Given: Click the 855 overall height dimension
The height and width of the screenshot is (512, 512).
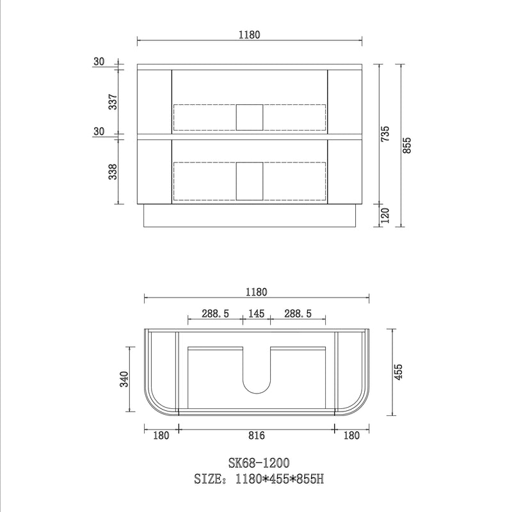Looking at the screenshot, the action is [x=407, y=146].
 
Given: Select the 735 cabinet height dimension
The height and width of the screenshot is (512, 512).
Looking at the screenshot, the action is [x=385, y=134].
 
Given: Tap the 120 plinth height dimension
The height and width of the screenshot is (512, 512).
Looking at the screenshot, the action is [x=385, y=216].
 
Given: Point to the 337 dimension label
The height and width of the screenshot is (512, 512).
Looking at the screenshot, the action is [x=113, y=102].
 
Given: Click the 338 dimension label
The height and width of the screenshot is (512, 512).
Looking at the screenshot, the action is [x=113, y=172].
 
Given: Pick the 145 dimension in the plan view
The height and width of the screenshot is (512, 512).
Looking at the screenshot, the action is [x=257, y=314].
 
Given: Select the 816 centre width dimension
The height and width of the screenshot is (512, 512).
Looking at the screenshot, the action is [x=257, y=435].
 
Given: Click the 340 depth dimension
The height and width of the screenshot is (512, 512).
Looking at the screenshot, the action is [x=124, y=379].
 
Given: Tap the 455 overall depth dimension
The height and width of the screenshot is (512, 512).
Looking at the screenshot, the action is [x=398, y=372].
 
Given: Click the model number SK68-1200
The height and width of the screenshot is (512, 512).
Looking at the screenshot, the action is [x=259, y=463].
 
